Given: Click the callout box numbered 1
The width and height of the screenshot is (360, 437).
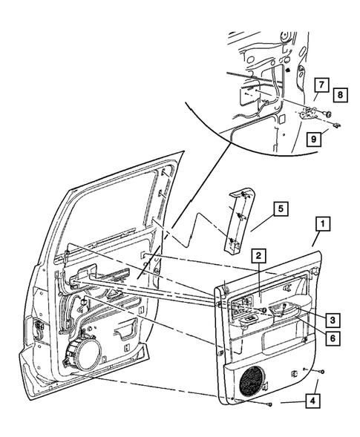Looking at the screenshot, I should pos(321,222).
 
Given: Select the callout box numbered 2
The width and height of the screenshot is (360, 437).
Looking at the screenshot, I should pos(257,256).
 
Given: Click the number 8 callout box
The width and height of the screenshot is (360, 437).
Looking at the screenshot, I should pos(338,95).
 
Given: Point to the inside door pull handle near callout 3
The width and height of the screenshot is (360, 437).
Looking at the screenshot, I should pos(288,309).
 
